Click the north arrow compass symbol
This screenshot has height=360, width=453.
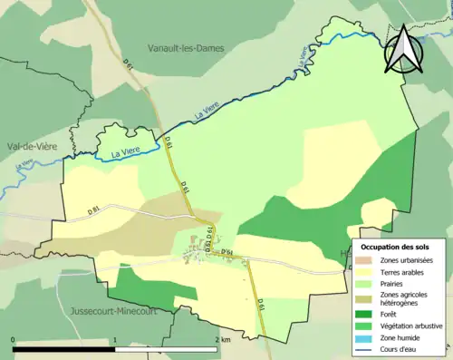pos(401,49)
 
